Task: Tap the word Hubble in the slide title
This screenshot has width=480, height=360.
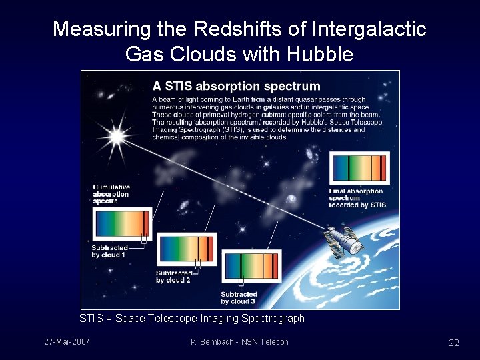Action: pyautogui.click(x=320, y=53)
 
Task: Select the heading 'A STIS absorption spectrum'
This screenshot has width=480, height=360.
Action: pyautogui.click(x=236, y=86)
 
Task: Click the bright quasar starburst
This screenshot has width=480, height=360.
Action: pyautogui.click(x=117, y=136)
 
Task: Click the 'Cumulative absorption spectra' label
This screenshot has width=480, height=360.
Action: pyautogui.click(x=111, y=194)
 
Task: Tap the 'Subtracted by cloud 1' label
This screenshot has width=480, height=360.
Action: pyautogui.click(x=109, y=251)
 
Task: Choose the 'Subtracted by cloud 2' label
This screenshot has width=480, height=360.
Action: pyautogui.click(x=173, y=277)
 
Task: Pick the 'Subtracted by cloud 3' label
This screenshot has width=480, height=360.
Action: pyautogui.click(x=238, y=298)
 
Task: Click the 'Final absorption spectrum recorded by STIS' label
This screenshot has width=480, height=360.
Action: pyautogui.click(x=357, y=198)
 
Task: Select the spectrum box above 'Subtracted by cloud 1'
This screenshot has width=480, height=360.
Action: pyautogui.click(x=122, y=223)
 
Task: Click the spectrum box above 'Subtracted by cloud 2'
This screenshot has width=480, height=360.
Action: pyautogui.click(x=187, y=249)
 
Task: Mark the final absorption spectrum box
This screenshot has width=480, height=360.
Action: pyautogui.click(x=358, y=169)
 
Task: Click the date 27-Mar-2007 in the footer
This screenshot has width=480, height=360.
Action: pyautogui.click(x=67, y=342)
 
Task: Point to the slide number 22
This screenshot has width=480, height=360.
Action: pyautogui.click(x=453, y=343)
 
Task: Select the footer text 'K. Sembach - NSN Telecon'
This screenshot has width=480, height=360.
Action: pyautogui.click(x=239, y=342)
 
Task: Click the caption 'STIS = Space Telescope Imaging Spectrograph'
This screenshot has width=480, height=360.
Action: pyautogui.click(x=192, y=319)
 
